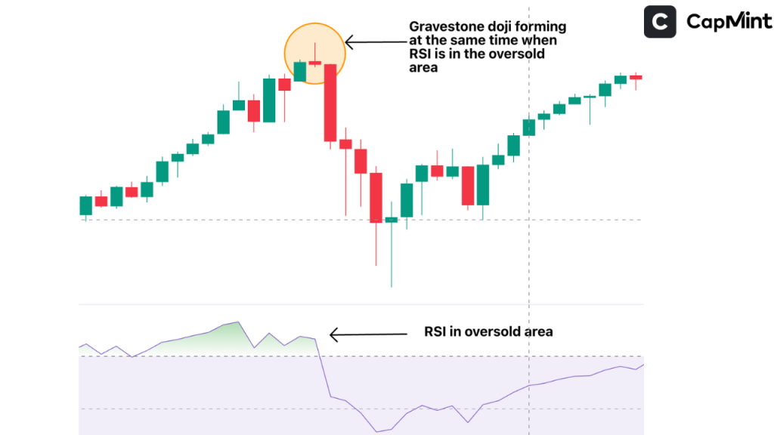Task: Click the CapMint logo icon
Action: [660, 22]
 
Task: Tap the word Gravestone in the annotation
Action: [445, 28]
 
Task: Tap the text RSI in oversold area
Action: [488, 332]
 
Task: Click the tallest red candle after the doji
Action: [330, 103]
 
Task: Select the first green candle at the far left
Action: [86, 205]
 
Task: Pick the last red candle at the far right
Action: [636, 77]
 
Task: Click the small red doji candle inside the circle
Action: [315, 63]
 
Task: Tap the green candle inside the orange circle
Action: [300, 72]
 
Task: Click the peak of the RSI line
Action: [238, 322]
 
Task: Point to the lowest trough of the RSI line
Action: [377, 432]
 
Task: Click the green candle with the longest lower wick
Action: [391, 220]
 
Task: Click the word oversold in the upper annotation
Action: [518, 55]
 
